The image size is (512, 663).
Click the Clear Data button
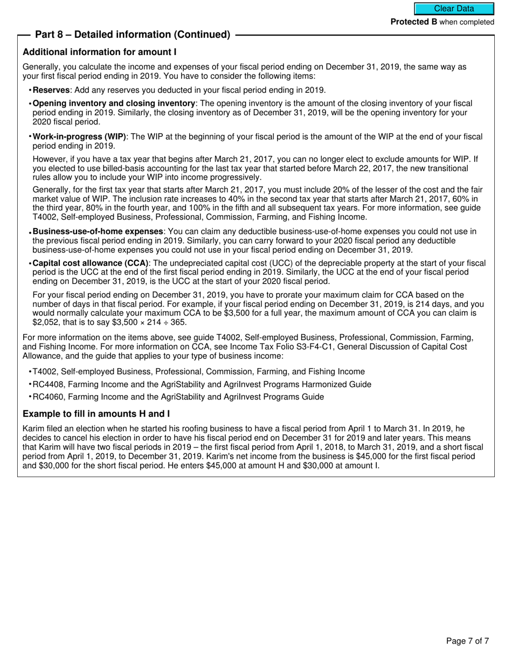point(454,9)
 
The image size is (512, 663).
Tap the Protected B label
point(413,22)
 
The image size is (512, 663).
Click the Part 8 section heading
point(133,34)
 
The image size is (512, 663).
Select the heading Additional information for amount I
point(100,52)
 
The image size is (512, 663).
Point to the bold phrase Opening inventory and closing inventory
point(114,103)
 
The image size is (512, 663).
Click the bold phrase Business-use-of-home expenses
point(98,231)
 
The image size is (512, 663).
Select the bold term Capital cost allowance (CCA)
point(91,263)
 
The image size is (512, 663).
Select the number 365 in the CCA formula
point(179,322)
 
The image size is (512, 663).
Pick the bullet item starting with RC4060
point(178,397)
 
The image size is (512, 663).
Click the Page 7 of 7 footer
point(467,641)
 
